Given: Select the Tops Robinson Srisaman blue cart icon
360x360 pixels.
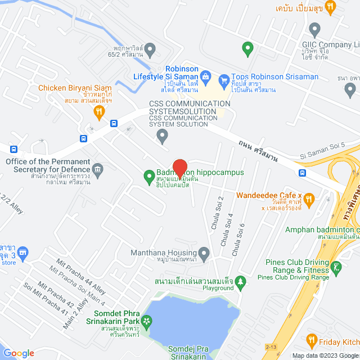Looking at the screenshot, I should pyautogui.click(x=223, y=78).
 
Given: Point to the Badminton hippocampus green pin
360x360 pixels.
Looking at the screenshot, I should pyautogui.click(x=149, y=177).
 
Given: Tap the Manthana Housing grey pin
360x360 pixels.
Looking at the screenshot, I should pyautogui.click(x=204, y=253).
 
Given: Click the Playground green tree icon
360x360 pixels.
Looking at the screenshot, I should pyautogui.click(x=241, y=280).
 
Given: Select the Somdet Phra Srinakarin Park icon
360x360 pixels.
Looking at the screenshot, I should pyautogui.click(x=147, y=322).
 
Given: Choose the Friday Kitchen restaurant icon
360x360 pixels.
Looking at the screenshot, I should pyautogui.click(x=312, y=340).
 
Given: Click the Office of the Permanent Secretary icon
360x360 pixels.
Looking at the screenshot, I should pyautogui.click(x=98, y=169).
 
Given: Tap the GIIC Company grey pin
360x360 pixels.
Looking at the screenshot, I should pyautogui.click(x=314, y=28).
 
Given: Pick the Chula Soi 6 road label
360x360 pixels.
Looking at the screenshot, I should pyautogui.click(x=241, y=236).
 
